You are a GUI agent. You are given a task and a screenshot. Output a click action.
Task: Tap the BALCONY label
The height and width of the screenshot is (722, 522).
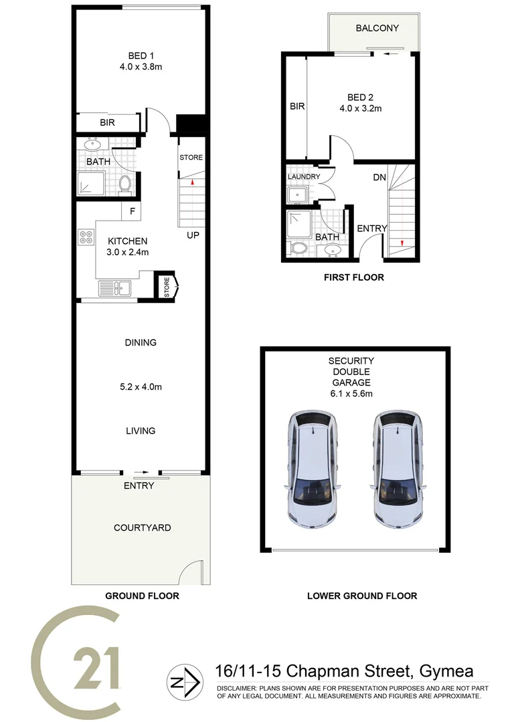coord(377,28)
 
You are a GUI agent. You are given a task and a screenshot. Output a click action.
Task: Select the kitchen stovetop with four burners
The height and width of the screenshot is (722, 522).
coord(86,237)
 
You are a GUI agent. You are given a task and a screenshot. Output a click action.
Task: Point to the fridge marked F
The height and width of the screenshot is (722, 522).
coord(133,212)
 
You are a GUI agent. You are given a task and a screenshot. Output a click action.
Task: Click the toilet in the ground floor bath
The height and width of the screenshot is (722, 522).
coord(124,183)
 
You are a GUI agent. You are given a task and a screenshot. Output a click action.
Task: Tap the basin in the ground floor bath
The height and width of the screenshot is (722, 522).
coord(92,144)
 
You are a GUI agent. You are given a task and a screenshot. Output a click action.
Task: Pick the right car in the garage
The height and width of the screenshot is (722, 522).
coord(399,466)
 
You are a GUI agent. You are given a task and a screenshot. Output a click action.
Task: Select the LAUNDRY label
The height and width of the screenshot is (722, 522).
coord(304,176)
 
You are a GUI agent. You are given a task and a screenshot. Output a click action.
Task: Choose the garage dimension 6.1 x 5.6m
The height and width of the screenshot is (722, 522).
coord(352,394)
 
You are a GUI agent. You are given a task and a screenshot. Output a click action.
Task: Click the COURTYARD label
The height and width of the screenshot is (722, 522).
coord(142,527)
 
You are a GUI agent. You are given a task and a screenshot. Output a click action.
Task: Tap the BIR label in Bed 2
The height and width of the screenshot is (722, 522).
coord(297,106)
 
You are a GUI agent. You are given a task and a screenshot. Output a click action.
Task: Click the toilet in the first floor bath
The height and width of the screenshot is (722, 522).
coord(299,249)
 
